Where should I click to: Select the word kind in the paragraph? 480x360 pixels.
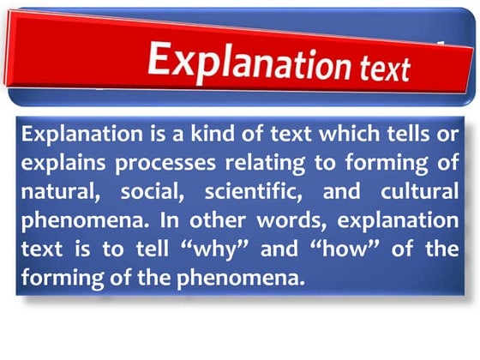[185, 135]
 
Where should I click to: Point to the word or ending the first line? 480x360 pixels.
[447, 135]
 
